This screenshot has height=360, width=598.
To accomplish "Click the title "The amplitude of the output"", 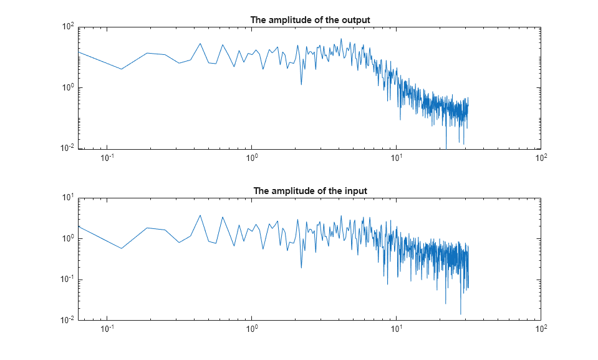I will (310, 20).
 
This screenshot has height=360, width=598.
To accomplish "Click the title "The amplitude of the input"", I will (310, 191).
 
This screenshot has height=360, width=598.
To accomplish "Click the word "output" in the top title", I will (356, 20).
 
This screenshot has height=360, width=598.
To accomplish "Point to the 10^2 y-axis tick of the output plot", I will (68, 27).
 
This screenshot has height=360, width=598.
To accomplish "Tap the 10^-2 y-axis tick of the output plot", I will (68, 148).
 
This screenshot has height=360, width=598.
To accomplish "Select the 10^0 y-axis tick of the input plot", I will (68, 239).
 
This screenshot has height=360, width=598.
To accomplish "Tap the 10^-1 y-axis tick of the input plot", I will (68, 280).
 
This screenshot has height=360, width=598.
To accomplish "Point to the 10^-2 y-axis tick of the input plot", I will (68, 320).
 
